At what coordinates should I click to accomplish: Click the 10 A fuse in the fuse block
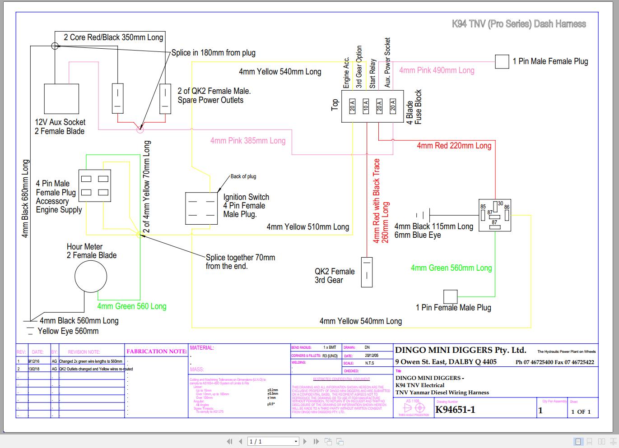point(366,106)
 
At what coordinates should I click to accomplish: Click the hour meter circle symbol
point(91,276)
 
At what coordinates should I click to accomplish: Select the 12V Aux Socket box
point(61,99)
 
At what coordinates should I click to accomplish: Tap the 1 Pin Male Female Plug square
point(502,61)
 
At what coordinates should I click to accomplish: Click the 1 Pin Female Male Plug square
point(450,296)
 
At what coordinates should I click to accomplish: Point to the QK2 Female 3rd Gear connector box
point(367,272)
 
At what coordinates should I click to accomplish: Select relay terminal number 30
point(500,204)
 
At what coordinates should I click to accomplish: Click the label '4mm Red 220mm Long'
point(454,146)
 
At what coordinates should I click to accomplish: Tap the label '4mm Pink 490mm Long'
point(437,70)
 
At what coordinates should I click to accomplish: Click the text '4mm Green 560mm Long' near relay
point(451,268)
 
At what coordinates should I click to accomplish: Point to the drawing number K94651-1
point(455,410)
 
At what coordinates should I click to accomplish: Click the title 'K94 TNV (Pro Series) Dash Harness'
point(519,24)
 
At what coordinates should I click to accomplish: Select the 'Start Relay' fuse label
point(372,73)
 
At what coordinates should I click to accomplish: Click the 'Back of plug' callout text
point(243,176)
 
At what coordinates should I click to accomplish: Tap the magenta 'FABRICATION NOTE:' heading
point(157,351)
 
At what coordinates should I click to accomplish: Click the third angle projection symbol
point(414,408)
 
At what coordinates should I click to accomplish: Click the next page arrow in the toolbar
point(305,441)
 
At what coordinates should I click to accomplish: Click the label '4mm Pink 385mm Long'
point(248,141)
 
